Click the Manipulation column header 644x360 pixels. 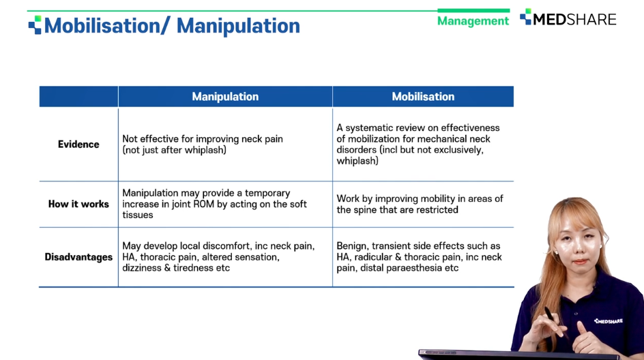click(x=225, y=96)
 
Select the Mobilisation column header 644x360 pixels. click(x=423, y=96)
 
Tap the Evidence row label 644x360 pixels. click(x=78, y=144)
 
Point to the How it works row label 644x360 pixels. click(x=78, y=204)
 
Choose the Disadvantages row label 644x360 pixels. click(x=78, y=257)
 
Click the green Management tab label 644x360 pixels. click(x=473, y=21)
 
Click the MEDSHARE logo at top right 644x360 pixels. click(x=568, y=18)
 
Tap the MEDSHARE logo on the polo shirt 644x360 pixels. click(x=609, y=321)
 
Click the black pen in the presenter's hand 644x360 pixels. click(x=556, y=323)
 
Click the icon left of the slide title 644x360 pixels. click(x=35, y=25)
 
